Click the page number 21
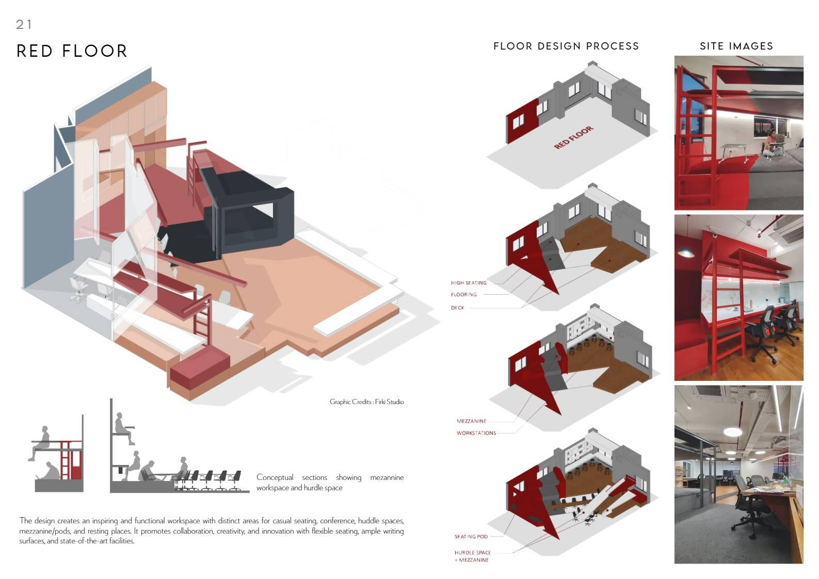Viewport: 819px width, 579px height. [x=24, y=24]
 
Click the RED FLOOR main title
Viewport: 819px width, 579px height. [x=72, y=51]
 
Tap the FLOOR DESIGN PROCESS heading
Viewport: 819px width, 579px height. [x=566, y=46]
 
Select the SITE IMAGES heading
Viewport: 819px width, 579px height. [x=736, y=46]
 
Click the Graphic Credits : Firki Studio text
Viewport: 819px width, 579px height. [x=366, y=401]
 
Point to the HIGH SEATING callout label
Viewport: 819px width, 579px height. [x=469, y=283]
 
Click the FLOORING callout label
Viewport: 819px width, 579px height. [x=463, y=295]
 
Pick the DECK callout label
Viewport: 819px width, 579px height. [x=457, y=308]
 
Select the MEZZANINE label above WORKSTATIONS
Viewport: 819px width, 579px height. [x=471, y=421]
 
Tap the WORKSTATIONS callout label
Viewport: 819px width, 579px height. [x=476, y=433]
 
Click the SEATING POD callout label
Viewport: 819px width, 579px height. [x=471, y=537]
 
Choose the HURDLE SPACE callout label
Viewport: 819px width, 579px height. [x=472, y=552]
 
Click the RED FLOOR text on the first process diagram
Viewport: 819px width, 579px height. [x=573, y=137]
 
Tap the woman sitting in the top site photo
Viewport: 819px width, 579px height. [x=770, y=142]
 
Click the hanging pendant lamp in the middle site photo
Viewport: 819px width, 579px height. [x=685, y=252]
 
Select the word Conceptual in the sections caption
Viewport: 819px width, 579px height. [x=275, y=477]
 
